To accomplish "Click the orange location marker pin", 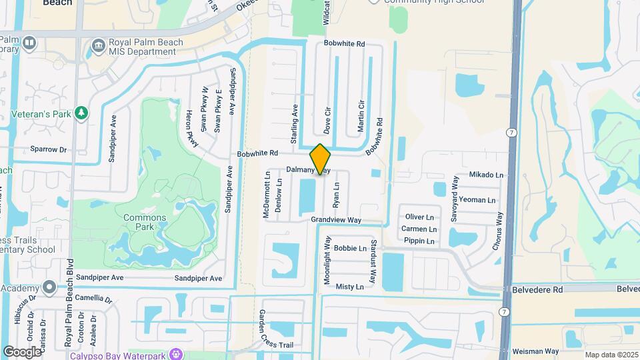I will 321,159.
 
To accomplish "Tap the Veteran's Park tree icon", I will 82,113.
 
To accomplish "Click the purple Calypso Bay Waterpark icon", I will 176,353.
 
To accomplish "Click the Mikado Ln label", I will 486,175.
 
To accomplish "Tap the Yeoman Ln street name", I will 477,199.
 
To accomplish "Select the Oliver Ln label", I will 420,217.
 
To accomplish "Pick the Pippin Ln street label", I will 419,241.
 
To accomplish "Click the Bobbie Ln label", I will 351,248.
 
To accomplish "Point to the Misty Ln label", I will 350,287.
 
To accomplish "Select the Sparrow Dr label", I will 49,150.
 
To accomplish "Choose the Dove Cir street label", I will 327,118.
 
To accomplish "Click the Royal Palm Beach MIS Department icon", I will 99,45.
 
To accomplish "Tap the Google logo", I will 22,351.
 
